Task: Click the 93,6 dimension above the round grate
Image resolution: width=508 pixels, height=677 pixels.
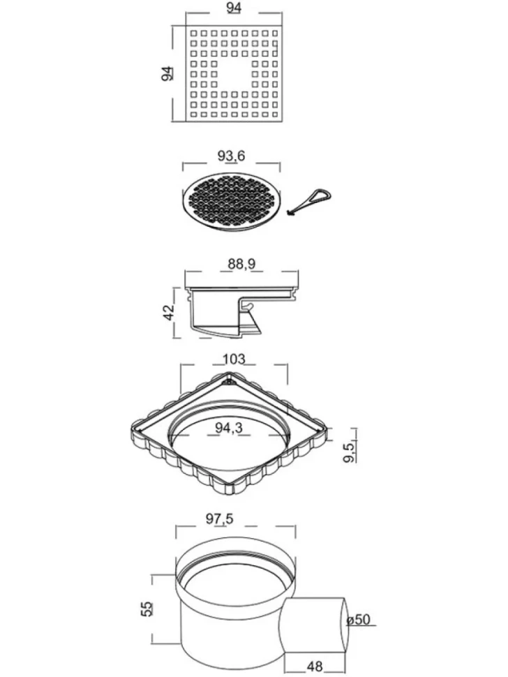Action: coord(231,156)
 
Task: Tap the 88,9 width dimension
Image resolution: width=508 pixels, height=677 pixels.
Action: coord(241,263)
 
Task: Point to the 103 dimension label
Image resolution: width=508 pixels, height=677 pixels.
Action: coord(234,359)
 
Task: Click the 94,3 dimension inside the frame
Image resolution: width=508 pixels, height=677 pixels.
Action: coord(229,427)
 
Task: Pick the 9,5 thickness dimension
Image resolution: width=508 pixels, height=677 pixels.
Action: coord(350,451)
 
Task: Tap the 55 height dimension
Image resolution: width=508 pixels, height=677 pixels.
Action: coord(147,609)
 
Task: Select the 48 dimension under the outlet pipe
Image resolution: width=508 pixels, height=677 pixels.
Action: coord(314,667)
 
